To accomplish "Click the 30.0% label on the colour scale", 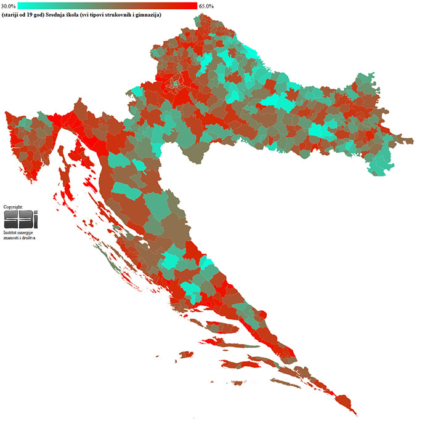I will [x=8, y=6].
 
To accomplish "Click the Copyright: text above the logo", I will [x=13, y=207].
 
